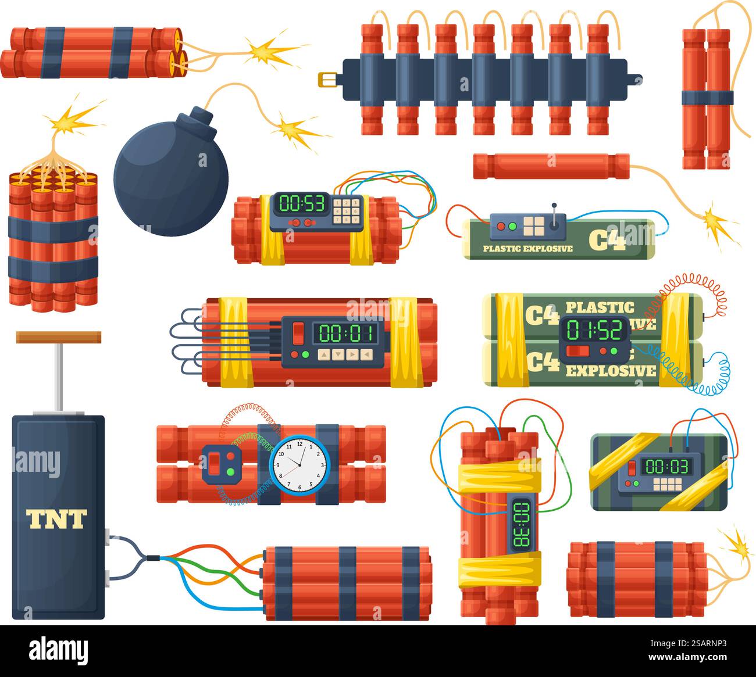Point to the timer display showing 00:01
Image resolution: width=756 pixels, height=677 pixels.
pyautogui.click(x=345, y=334)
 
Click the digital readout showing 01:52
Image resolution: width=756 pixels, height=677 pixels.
pyautogui.click(x=594, y=329)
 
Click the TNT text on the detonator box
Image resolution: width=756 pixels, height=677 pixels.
pyautogui.click(x=56, y=518)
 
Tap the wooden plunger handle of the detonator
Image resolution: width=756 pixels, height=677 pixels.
pyautogui.click(x=58, y=337)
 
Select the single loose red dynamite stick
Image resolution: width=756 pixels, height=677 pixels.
pyautogui.click(x=551, y=166)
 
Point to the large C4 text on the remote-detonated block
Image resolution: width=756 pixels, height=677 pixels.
pyautogui.click(x=607, y=239)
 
